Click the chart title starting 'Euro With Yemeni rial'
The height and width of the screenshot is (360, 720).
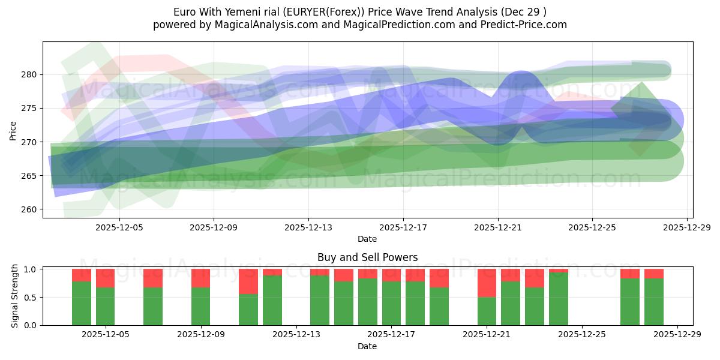(359, 11)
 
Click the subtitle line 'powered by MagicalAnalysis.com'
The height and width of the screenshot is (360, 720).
(359, 25)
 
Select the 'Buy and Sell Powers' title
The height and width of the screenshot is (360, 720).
(367, 257)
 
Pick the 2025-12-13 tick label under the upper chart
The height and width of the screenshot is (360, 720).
(308, 227)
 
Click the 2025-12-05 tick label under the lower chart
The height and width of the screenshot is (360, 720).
(106, 335)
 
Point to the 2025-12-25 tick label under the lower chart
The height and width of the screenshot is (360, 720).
(582, 335)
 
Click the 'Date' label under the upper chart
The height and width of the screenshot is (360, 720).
(367, 239)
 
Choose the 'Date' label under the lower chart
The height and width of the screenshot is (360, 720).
(367, 346)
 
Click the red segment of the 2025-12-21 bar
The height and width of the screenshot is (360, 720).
(487, 283)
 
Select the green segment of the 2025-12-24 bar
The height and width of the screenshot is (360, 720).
(559, 299)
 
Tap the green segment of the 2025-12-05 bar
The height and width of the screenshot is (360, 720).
(106, 306)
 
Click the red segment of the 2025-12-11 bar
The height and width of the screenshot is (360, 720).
(248, 281)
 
